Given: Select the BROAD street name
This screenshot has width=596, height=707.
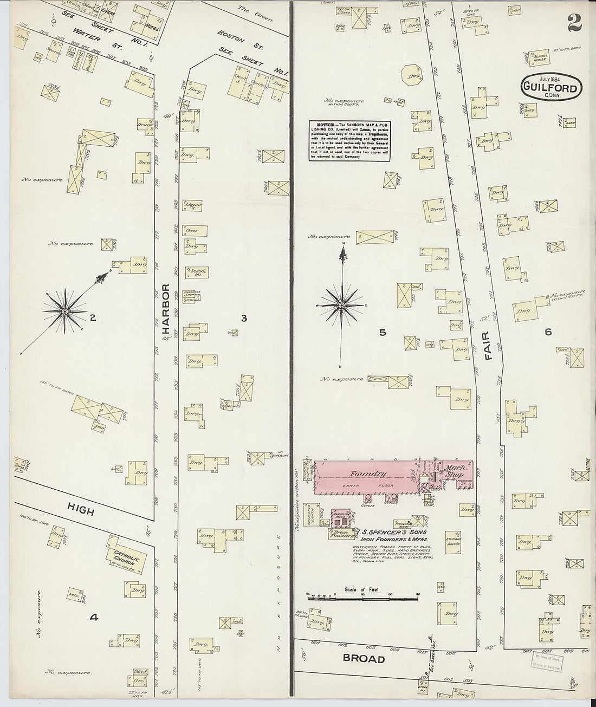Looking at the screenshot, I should (363, 659).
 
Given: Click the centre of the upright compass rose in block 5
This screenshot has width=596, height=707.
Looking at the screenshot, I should (341, 306).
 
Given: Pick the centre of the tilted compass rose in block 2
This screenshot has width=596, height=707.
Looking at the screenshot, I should (65, 311).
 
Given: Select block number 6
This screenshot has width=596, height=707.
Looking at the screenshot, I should (548, 332).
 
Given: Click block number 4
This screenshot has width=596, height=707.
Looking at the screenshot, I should (94, 616).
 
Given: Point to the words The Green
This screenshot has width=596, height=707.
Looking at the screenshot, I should (250, 9).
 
